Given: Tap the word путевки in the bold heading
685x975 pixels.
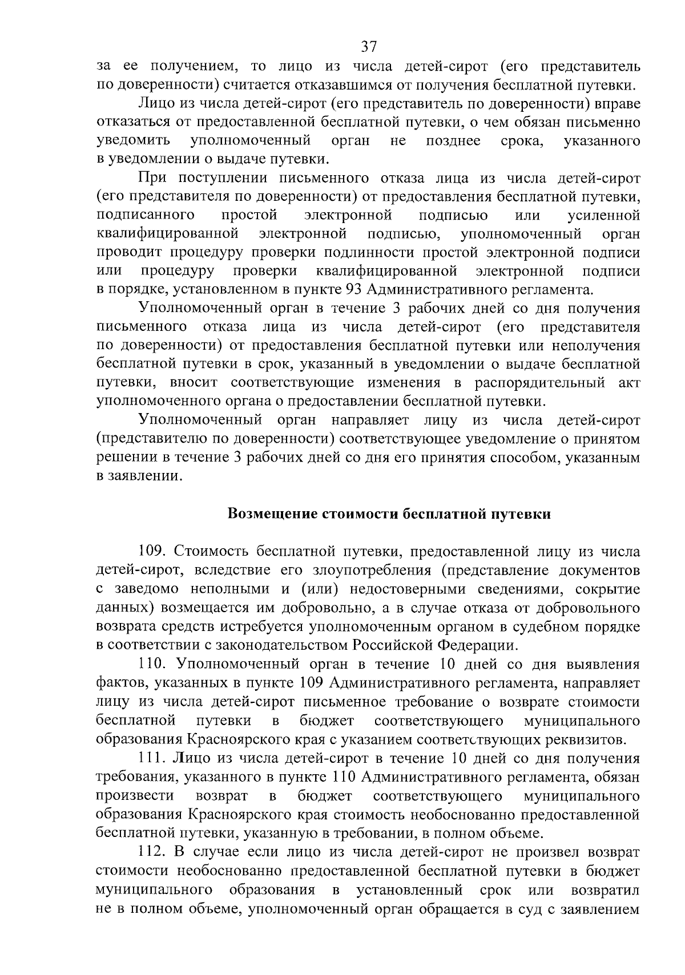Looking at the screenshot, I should pos(522,514).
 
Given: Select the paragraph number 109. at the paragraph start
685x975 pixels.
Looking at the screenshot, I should pos(154,552).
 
